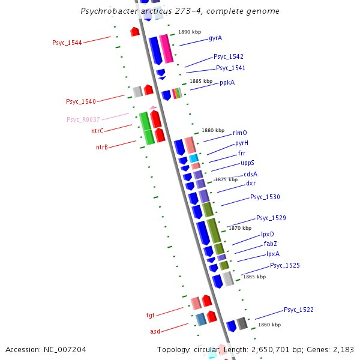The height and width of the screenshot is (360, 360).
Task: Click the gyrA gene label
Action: click(215, 38)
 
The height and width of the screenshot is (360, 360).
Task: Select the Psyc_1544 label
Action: click(66, 43)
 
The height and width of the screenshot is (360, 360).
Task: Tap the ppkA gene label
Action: click(227, 82)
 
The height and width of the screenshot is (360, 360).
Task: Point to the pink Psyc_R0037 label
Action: click(83, 119)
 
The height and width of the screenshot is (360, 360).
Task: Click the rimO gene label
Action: click(240, 133)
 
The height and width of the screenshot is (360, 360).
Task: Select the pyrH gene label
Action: click(242, 143)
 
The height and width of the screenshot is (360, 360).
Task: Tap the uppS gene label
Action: click(248, 163)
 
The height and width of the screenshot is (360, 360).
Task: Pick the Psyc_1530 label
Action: click(265, 197)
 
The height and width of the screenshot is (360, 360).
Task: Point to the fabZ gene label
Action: click(270, 244)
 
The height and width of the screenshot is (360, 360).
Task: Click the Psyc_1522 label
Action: click(299, 310)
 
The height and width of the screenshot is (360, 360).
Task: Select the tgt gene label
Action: click(151, 314)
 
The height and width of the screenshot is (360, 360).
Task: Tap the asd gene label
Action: click(155, 331)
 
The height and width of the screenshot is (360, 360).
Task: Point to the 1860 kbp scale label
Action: click(269, 325)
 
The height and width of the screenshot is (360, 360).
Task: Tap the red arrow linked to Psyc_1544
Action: click(135, 31)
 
